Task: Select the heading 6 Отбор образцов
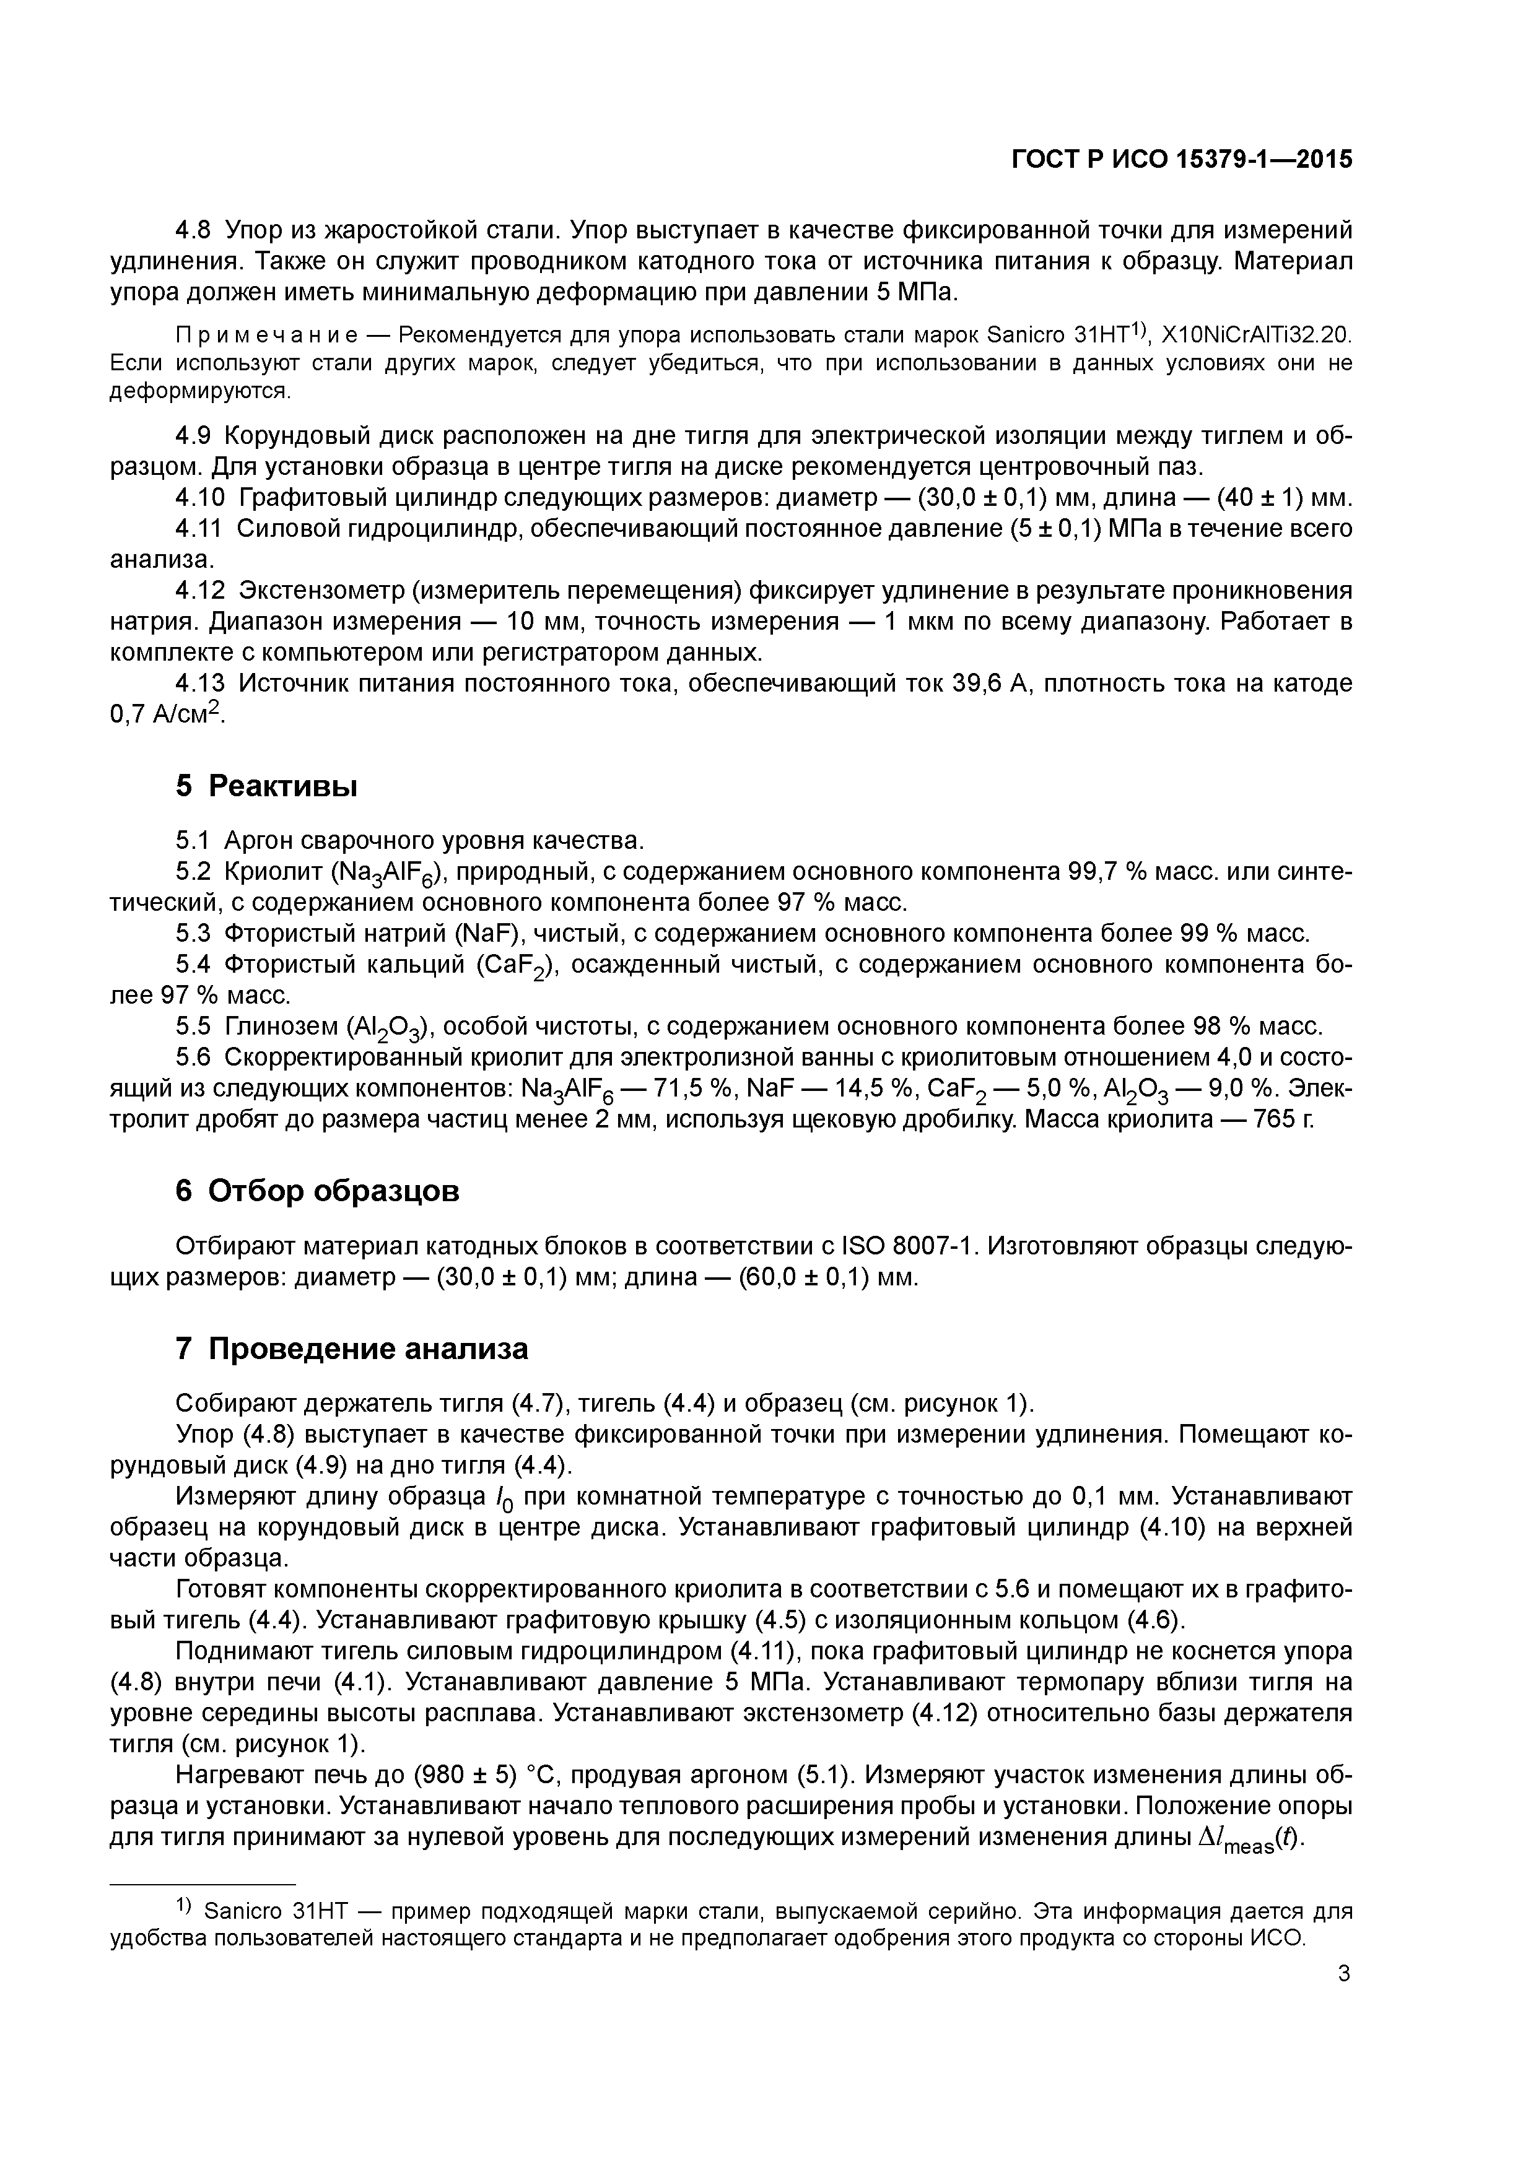[x=317, y=1190]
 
